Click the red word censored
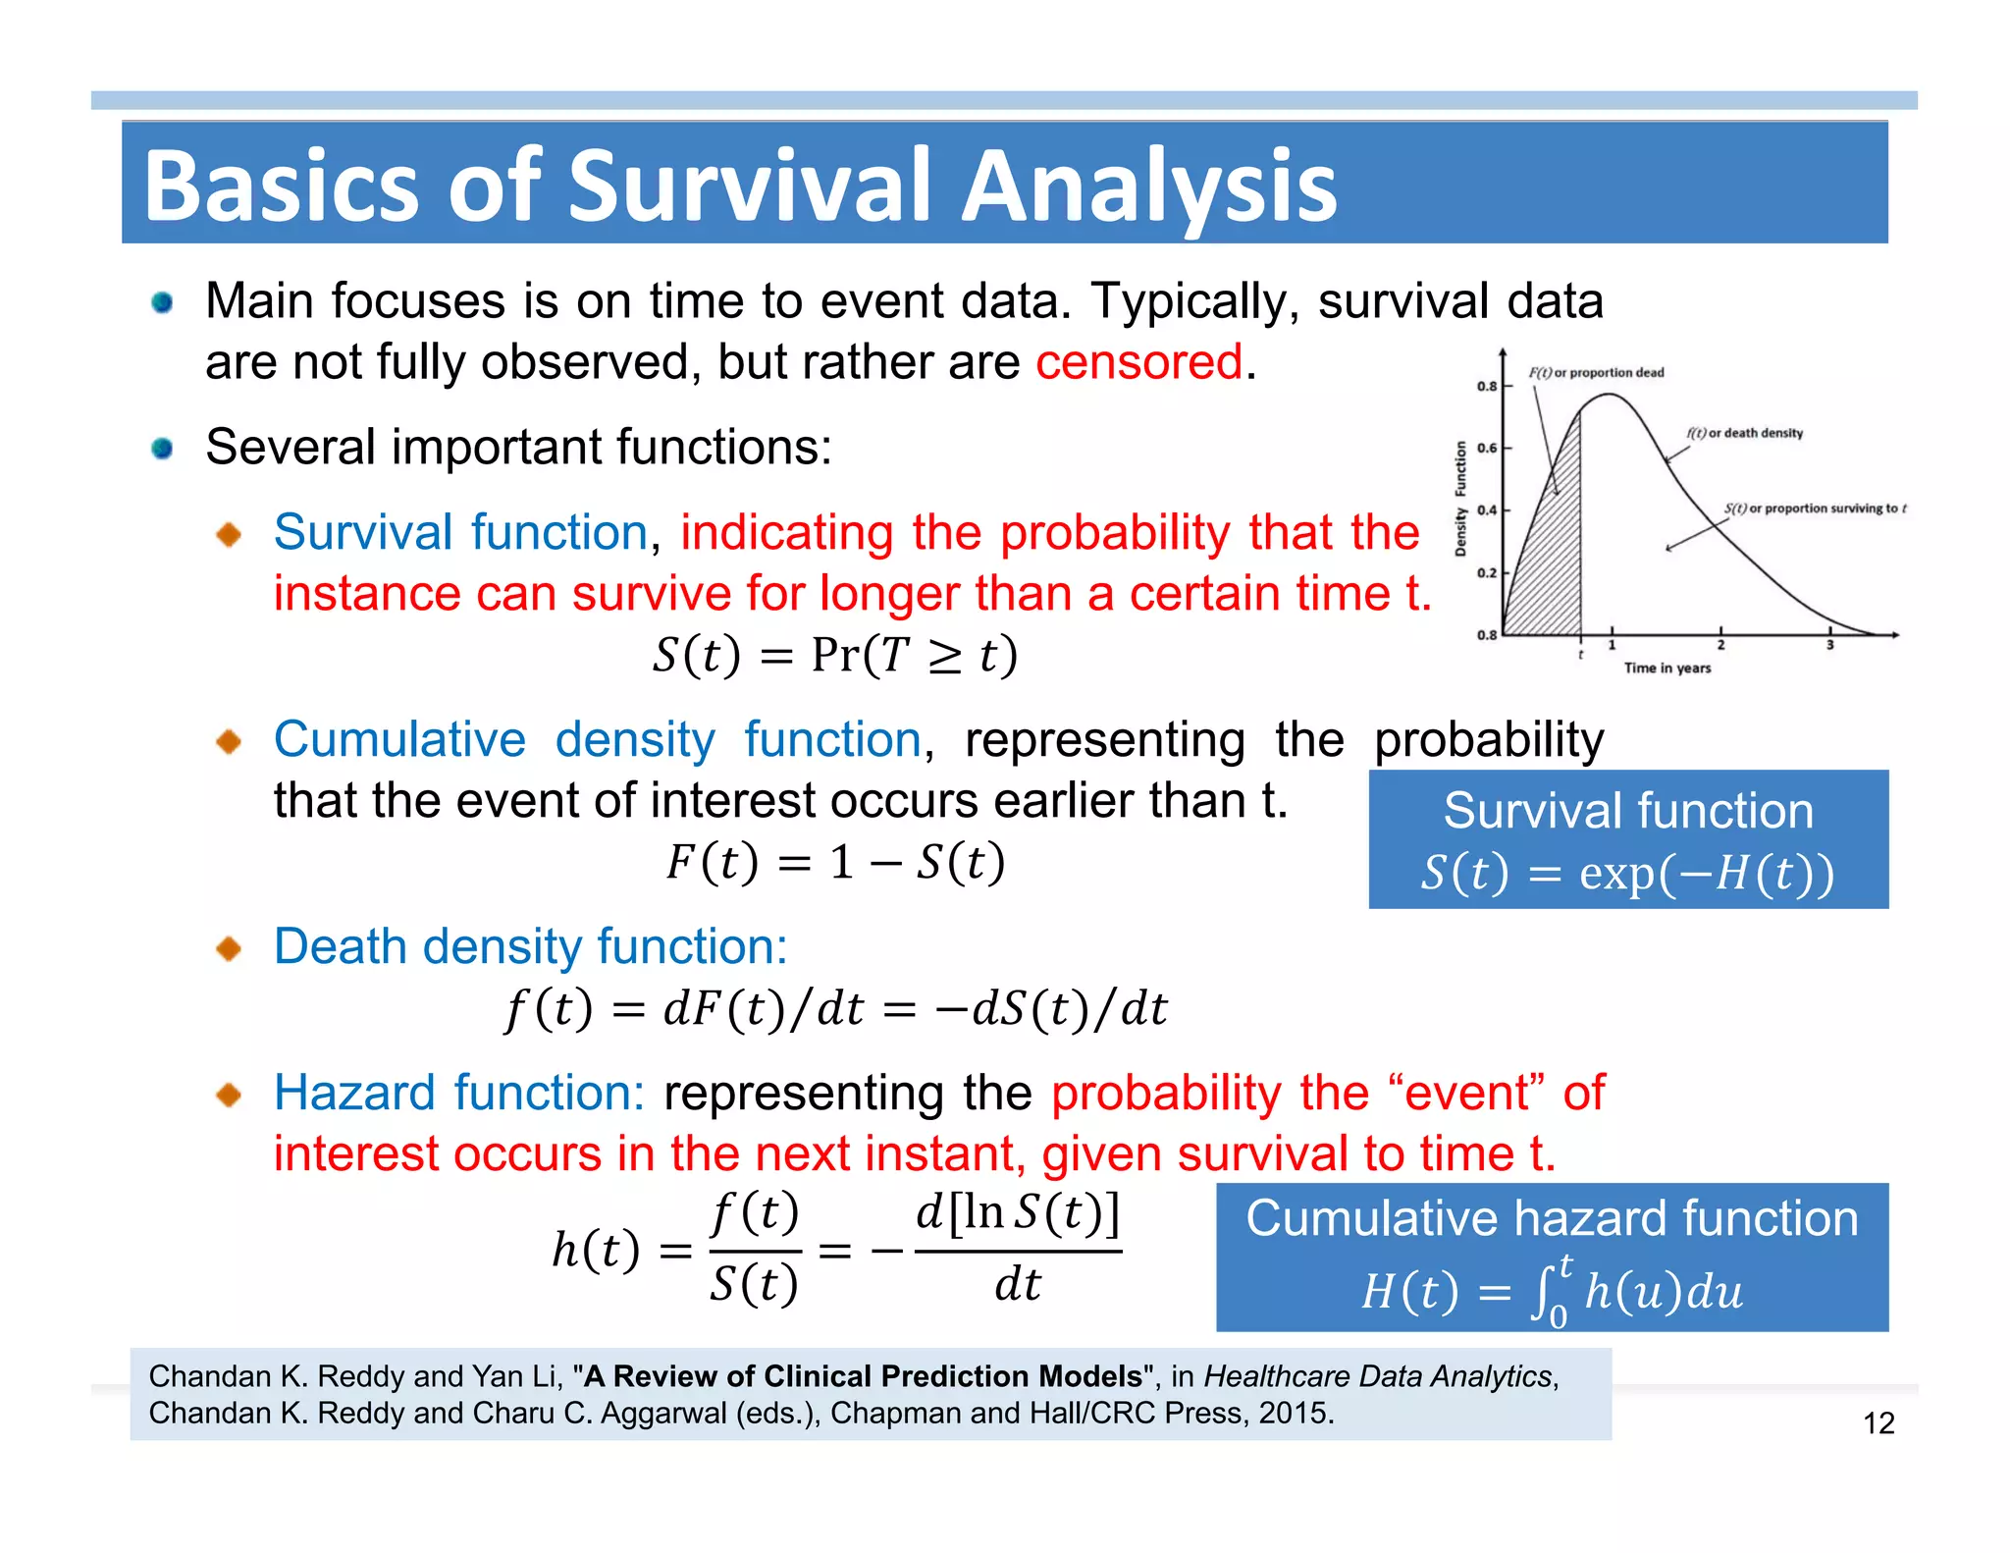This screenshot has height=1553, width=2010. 1139,362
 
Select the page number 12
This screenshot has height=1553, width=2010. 1878,1423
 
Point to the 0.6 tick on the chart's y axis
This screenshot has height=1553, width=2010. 1488,448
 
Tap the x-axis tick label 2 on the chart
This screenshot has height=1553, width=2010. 1720,645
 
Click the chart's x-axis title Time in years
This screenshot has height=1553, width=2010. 1666,669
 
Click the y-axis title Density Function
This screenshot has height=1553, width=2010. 1460,499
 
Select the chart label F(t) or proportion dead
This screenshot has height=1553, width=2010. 1597,373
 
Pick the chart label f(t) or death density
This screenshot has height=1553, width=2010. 1744,433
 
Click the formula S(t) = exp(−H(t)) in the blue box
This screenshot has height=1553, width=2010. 1627,872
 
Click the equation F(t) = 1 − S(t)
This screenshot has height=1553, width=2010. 835,862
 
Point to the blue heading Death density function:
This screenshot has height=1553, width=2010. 530,946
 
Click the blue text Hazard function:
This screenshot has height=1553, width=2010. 458,1093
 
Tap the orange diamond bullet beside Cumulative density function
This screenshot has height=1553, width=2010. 229,741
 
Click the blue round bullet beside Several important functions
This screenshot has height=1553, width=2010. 162,449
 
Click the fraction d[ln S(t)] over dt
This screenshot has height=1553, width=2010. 1017,1249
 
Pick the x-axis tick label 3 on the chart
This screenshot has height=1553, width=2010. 1829,645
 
